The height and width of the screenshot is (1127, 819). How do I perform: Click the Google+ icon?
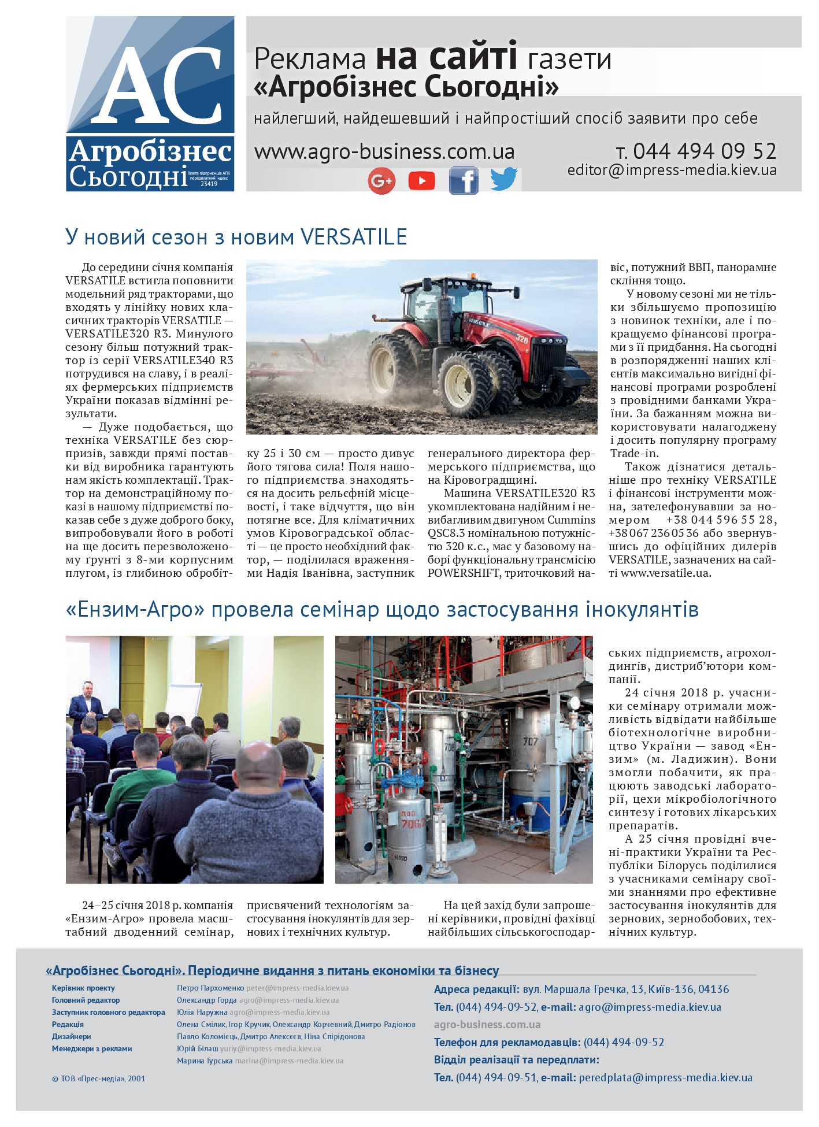pyautogui.click(x=381, y=181)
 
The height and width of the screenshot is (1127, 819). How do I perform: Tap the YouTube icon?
pyautogui.click(x=421, y=181)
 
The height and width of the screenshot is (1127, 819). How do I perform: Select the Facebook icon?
pyautogui.click(x=464, y=180)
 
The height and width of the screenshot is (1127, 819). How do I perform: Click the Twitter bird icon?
pyautogui.click(x=503, y=179)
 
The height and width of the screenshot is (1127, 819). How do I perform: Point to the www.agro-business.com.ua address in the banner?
pyautogui.click(x=384, y=152)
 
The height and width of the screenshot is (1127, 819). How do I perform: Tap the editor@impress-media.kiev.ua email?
pyautogui.click(x=672, y=170)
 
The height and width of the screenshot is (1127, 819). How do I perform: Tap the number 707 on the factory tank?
pyautogui.click(x=530, y=742)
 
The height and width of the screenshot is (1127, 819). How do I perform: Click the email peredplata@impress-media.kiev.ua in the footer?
pyautogui.click(x=665, y=1077)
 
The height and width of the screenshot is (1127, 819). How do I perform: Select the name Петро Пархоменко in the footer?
pyautogui.click(x=210, y=988)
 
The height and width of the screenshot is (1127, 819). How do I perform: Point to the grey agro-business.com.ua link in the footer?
pyautogui.click(x=487, y=1025)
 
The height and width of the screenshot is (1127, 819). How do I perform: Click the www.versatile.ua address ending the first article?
pyautogui.click(x=665, y=573)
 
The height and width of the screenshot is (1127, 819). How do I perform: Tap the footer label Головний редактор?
pyautogui.click(x=86, y=1000)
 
